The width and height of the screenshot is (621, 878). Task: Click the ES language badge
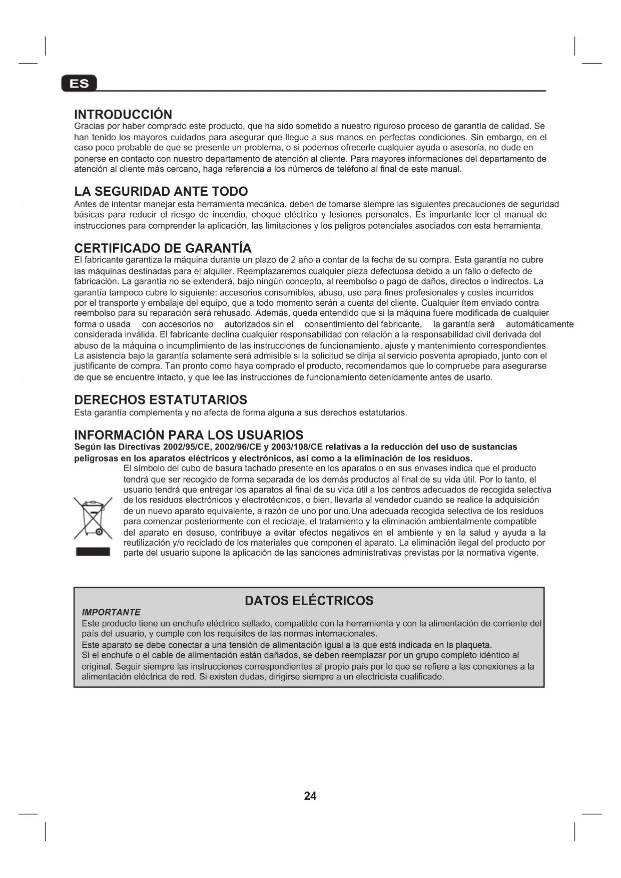[x=79, y=84]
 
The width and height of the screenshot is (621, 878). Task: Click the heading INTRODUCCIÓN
[x=123, y=115]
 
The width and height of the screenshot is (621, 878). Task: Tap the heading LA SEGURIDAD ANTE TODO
[x=161, y=192]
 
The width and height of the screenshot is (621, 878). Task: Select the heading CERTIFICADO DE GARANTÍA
[x=163, y=248]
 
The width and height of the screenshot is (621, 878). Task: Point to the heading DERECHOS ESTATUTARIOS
[x=160, y=400]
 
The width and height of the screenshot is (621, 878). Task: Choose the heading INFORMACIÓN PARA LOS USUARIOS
[x=189, y=435]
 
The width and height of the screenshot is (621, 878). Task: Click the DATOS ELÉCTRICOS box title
[x=309, y=601]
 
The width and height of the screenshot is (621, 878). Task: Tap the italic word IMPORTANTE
[x=111, y=612]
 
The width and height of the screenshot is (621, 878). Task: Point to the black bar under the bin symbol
[x=93, y=552]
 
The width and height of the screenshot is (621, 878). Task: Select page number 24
[x=310, y=796]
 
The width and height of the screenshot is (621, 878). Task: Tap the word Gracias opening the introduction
[x=90, y=126]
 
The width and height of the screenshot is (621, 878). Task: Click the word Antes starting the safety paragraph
[x=86, y=204]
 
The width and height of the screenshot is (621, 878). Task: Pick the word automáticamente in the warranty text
[x=539, y=324]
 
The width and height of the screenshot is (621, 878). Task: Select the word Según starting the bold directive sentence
[x=86, y=447]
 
